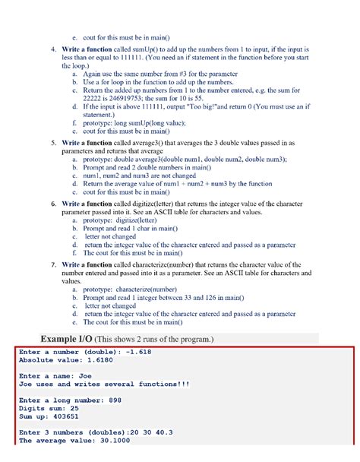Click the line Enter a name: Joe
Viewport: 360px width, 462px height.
pyautogui.click(x=55, y=376)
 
